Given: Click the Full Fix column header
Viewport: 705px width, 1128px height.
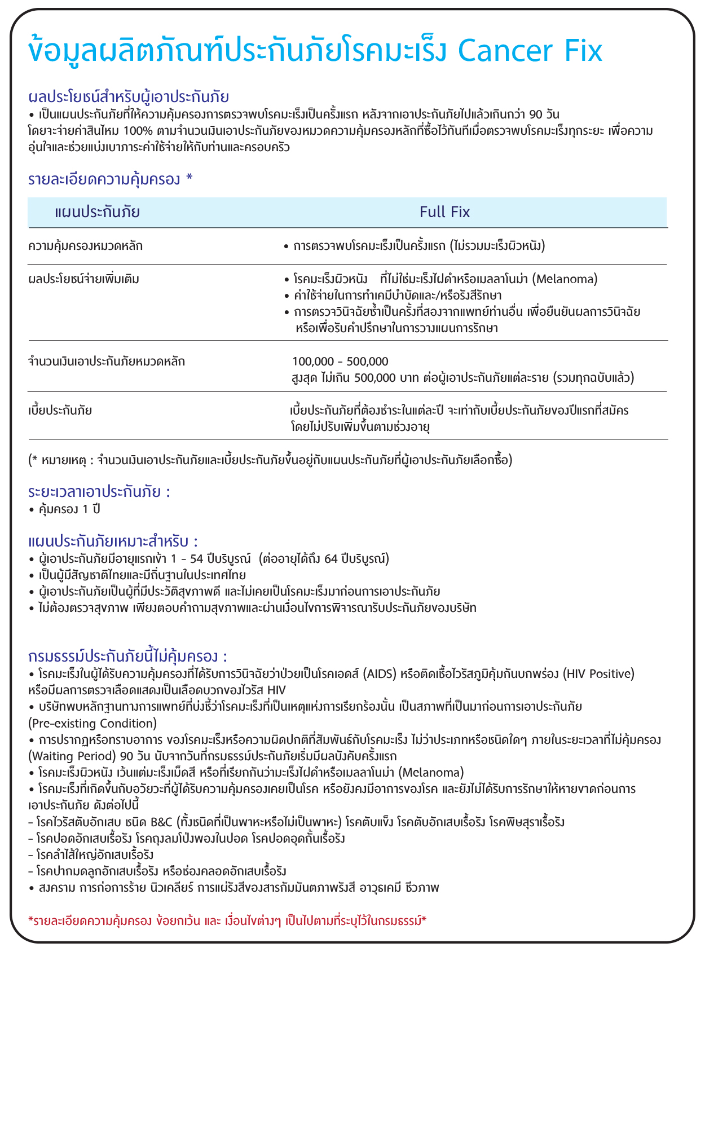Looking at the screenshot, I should pyautogui.click(x=444, y=212).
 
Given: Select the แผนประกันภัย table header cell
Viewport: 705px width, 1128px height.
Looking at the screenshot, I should pyautogui.click(x=97, y=212).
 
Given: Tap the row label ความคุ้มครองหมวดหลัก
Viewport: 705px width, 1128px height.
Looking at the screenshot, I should pyautogui.click(x=85, y=246).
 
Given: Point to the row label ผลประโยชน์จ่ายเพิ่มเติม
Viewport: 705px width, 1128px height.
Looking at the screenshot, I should pyautogui.click(x=83, y=279).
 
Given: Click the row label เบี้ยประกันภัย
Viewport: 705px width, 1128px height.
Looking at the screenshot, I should pyautogui.click(x=60, y=411).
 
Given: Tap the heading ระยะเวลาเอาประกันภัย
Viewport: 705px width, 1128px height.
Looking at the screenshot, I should pyautogui.click(x=99, y=491).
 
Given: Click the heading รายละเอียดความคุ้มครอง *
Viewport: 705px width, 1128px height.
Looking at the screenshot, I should pyautogui.click(x=110, y=179).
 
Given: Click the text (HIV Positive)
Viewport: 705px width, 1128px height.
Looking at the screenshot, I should pyautogui.click(x=599, y=673).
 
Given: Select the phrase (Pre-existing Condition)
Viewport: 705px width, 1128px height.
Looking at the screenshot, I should pyautogui.click(x=92, y=723).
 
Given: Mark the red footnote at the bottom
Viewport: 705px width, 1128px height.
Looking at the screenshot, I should pyautogui.click(x=227, y=921).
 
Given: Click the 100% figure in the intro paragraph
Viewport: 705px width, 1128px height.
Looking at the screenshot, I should pyautogui.click(x=138, y=131).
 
